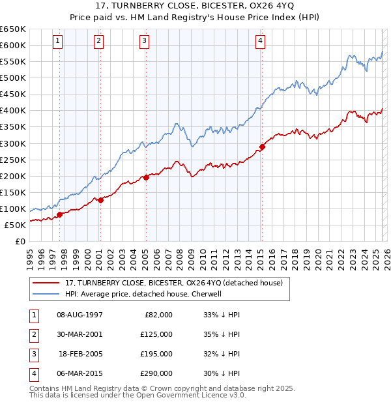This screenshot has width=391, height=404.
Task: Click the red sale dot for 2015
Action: [x=262, y=147]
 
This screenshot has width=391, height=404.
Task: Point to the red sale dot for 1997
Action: [x=59, y=214]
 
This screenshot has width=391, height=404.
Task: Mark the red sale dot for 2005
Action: [x=146, y=177]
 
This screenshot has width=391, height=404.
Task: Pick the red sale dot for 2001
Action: [x=100, y=200]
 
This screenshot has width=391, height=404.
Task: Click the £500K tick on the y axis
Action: [x=13, y=78]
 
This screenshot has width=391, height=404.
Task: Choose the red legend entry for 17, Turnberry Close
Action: [x=173, y=283]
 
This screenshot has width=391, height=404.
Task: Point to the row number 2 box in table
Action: [x=33, y=334]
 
